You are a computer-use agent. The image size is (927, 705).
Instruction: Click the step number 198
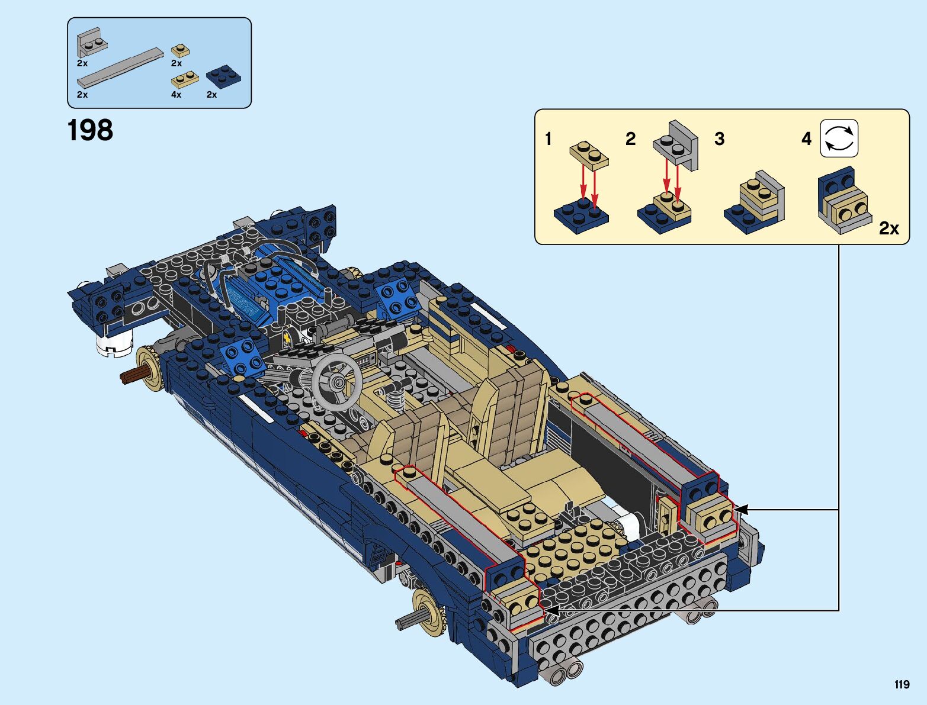coord(90,130)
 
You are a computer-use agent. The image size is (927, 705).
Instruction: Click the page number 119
coord(902,684)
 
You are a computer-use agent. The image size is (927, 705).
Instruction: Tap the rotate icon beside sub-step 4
coord(839,139)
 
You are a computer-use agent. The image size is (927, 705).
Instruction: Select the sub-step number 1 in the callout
coord(548,139)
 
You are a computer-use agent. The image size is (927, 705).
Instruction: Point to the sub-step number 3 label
coord(719,139)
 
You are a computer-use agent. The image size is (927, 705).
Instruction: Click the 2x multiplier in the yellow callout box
coord(888,228)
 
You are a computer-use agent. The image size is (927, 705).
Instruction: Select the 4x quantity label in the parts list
coord(176,95)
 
